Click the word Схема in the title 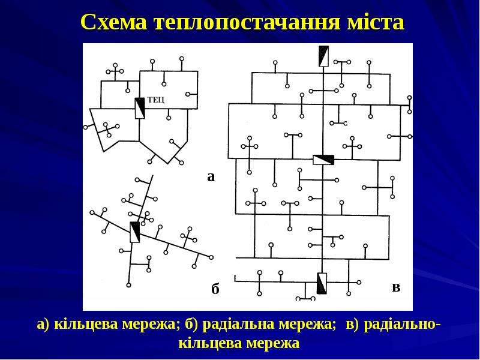tap(113, 22)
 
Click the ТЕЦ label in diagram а tap(156, 100)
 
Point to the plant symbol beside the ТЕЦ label tap(140, 109)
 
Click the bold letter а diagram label tap(211, 177)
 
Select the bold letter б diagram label tap(215, 289)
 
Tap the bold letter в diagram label tap(396, 287)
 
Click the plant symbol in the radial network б tap(134, 232)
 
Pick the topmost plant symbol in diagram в tap(323, 56)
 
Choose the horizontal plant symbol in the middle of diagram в tap(323, 160)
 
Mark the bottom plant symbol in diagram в tap(322, 283)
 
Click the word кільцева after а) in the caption tap(87, 324)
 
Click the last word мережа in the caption tap(273, 343)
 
